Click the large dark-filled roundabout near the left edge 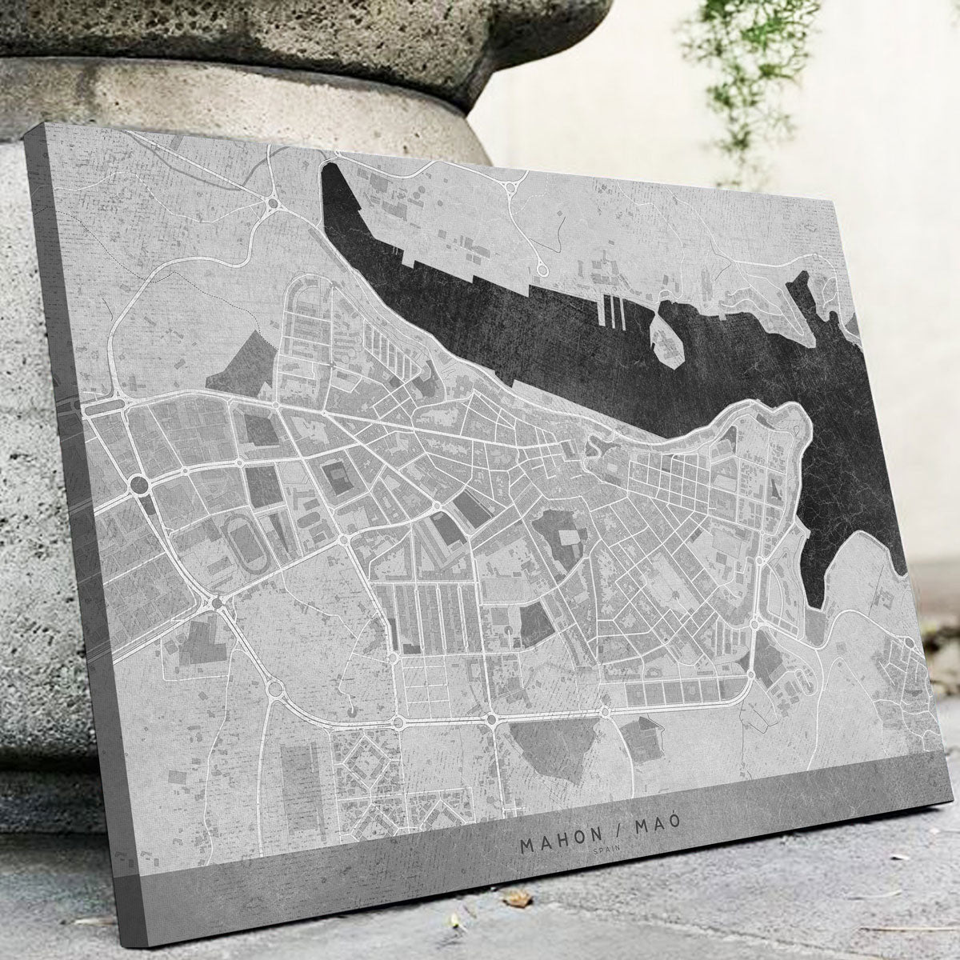click(138, 485)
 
